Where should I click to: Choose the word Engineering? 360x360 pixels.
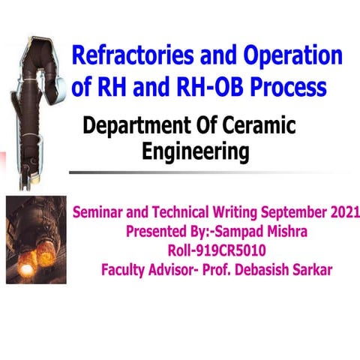coord(195,152)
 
